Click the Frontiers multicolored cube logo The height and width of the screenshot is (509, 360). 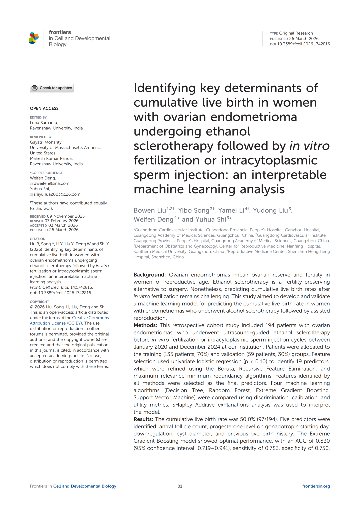(34, 38)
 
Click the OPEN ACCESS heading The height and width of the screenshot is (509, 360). (44, 108)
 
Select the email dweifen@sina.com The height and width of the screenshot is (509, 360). (51, 183)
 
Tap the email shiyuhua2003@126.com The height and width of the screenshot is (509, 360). (57, 194)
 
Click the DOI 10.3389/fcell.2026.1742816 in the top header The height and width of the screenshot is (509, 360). (303, 44)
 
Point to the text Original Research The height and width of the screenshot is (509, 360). (296, 33)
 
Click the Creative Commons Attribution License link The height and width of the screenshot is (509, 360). (70, 320)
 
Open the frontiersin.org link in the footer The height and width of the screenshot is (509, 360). (316, 486)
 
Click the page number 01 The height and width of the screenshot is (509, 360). (180, 486)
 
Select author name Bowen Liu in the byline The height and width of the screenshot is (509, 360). (150, 210)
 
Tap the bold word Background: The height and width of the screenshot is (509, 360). (149, 275)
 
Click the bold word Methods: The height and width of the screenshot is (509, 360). (145, 325)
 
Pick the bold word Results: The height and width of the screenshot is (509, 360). (143, 419)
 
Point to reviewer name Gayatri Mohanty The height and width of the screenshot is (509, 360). (46, 142)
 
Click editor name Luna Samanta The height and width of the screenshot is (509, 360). (44, 123)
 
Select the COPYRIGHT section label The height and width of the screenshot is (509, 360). (39, 302)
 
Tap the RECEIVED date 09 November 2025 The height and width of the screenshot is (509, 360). (66, 216)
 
